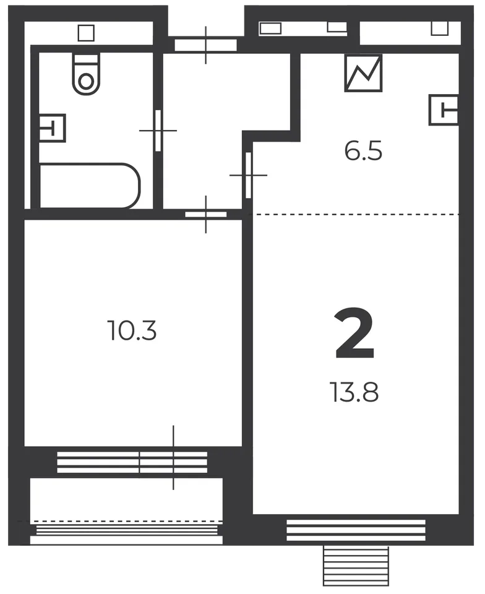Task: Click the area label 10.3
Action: coord(132,330)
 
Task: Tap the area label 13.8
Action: coord(354,392)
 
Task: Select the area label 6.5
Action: coord(363,150)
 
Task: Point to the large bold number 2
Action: coord(354,334)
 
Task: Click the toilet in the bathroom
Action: coord(87,74)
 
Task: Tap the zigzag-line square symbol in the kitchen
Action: coord(363,73)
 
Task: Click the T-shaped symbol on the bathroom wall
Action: coord(52,128)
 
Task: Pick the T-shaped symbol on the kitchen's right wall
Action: coord(444,110)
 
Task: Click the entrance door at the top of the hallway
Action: coord(205,45)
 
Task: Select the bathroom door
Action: coord(158,131)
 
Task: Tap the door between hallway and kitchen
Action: coord(248,174)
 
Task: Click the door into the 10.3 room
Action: coord(205,215)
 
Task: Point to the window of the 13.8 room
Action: coord(356,530)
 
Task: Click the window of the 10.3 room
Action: coord(132,462)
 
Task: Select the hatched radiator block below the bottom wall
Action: coord(356,566)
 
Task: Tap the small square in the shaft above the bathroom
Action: coord(86,33)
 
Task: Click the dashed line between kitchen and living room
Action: coord(356,215)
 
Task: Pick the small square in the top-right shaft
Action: coord(440,28)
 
